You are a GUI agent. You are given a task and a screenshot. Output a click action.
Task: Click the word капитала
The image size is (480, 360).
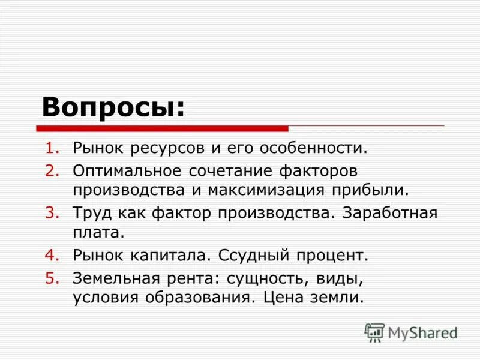coord(169,256)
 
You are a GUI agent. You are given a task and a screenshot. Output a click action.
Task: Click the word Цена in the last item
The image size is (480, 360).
coord(283,298)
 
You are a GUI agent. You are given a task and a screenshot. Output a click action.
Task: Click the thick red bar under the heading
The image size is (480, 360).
coord(162,128)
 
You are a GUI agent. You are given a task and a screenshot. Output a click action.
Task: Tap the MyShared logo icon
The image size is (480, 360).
coord(374,332)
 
